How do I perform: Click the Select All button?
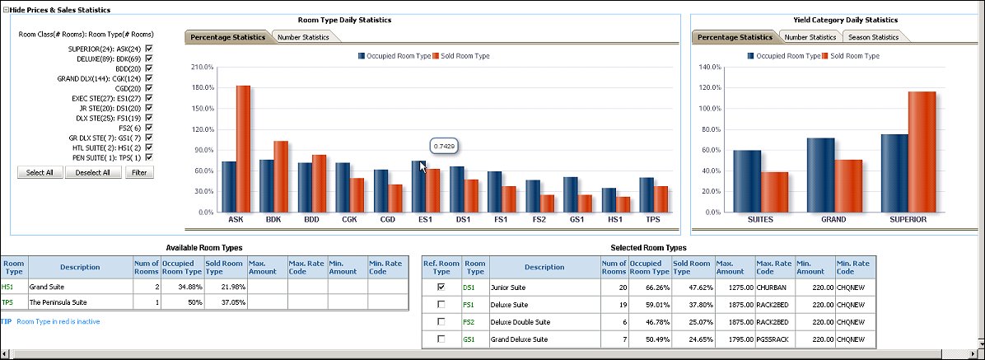point(40,172)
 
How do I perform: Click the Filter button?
point(139,172)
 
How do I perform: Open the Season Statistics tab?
point(874,37)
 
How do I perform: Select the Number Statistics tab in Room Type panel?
point(303,37)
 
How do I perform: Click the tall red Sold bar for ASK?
point(243,148)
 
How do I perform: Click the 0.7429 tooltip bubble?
point(445,146)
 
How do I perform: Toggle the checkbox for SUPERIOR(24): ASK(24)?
point(149,49)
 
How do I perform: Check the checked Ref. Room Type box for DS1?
point(441,288)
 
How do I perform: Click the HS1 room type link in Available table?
point(8,288)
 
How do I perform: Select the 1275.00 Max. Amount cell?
point(733,288)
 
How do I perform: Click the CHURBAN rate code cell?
point(773,288)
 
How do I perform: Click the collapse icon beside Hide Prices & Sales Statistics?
point(5,9)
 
